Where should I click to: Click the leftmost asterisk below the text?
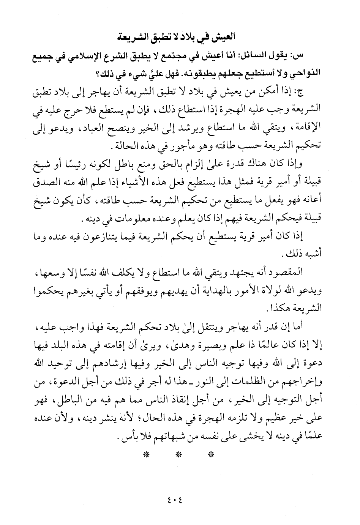(146, 454)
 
